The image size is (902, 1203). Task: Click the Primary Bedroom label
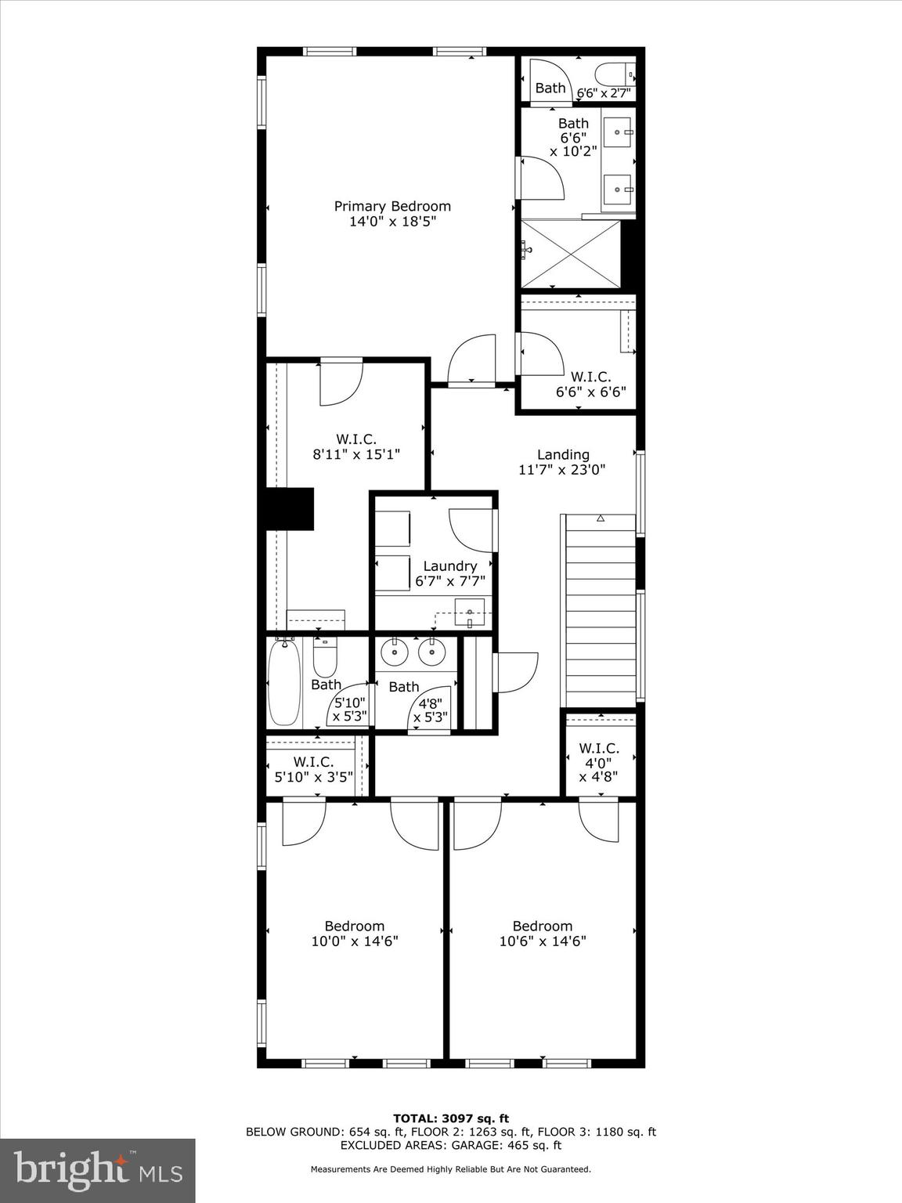coord(392,206)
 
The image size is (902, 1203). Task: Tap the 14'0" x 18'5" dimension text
coord(392,222)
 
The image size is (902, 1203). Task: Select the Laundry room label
coord(449,566)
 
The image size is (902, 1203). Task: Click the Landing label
coord(563,454)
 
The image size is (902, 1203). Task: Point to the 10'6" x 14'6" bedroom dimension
coord(543,941)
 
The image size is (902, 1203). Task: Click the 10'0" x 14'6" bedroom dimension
coord(355,941)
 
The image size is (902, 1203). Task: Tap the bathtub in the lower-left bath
coord(284,682)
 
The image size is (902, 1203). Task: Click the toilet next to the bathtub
coord(325,659)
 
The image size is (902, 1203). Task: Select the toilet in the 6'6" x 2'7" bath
coord(614,75)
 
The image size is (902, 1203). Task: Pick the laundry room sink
coord(470,612)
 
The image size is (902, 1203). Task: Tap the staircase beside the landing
coord(601,611)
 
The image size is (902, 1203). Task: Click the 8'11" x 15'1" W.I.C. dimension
coord(356,453)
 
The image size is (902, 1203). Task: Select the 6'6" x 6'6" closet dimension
coord(591,392)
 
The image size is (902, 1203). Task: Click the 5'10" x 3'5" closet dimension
coord(314,777)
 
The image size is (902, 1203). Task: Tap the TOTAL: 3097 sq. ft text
coord(451,1118)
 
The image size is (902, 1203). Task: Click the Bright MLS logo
coord(97,1170)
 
